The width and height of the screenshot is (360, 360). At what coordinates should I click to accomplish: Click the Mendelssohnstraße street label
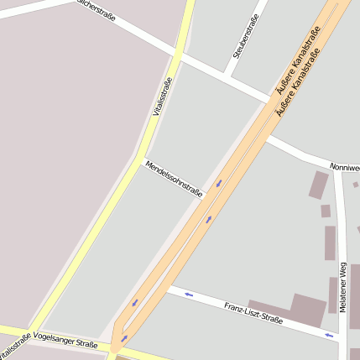pos(174,178)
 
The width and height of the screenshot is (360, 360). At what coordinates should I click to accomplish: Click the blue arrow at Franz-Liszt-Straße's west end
pos(189,295)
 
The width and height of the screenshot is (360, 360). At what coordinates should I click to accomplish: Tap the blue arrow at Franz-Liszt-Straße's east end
pos(330,336)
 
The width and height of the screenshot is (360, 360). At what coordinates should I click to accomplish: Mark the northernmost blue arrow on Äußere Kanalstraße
pos(219,183)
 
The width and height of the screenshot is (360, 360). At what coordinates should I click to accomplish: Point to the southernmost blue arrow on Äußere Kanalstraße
pos(124,338)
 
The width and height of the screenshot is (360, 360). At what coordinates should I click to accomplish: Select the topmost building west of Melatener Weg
pos(318,185)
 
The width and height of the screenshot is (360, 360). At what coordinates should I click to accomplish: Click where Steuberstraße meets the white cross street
pos(226,77)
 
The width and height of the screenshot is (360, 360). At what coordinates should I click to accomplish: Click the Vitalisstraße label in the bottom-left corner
pos(14,347)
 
